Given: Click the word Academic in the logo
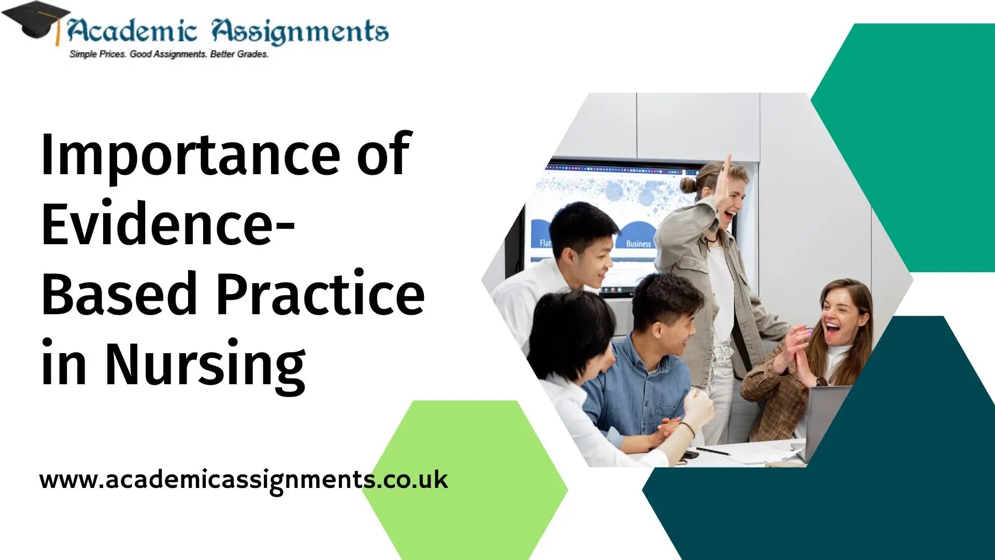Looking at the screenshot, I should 132,31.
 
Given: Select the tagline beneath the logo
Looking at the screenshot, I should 169,54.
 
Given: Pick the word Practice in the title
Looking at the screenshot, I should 320,295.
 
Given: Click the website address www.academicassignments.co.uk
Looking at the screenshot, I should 244,480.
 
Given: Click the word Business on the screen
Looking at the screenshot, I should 638,244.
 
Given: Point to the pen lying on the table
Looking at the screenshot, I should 714,451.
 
